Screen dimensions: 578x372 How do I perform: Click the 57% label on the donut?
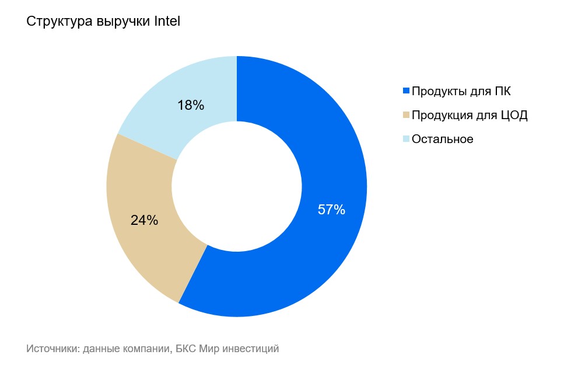331,210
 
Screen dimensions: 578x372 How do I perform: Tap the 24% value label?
144,220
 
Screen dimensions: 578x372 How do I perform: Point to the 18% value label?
191,105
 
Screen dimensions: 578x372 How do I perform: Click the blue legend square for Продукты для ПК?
406,91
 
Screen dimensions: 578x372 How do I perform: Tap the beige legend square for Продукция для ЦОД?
406,115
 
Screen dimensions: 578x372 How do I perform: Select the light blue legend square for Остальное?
406,139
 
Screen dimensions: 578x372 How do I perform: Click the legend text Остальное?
442,139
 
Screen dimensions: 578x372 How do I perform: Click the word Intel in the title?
167,21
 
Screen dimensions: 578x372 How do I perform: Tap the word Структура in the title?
59,22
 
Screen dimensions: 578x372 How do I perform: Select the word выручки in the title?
123,22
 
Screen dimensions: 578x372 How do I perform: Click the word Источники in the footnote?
52,349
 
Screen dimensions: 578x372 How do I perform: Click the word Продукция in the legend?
442,115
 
